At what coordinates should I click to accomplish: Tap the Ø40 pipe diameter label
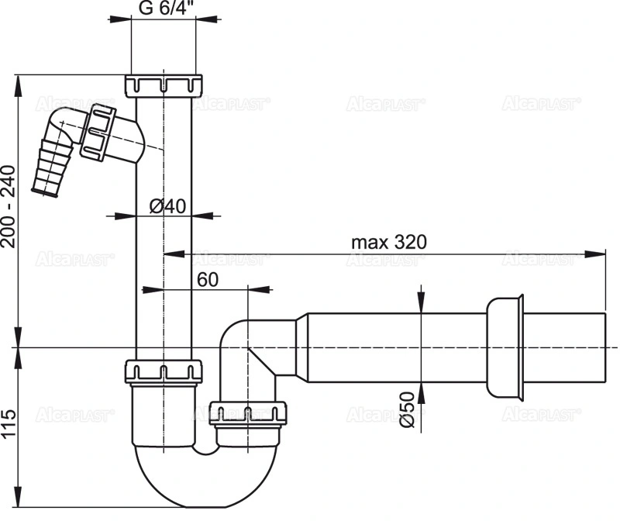167,206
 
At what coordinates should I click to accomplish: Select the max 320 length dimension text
389,242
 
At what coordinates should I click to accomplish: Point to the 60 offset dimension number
208,280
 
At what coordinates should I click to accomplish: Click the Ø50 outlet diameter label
408,409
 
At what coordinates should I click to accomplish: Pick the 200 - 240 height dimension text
9,206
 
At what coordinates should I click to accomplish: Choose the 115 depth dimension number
9,423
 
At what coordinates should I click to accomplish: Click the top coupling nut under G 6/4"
164,85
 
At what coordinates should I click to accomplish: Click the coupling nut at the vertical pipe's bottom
164,371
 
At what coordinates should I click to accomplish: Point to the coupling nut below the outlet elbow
248,412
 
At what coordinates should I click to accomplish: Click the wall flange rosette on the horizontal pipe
505,347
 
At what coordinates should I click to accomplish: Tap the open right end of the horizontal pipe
605,347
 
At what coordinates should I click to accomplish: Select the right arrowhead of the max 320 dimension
594,254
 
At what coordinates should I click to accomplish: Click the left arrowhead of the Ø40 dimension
125,216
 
